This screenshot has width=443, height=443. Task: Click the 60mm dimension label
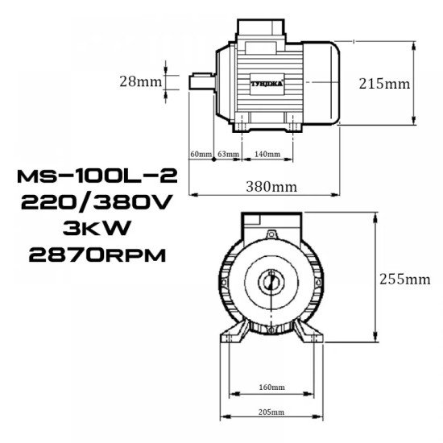pos(199,154)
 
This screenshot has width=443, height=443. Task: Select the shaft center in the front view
pos(272,284)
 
